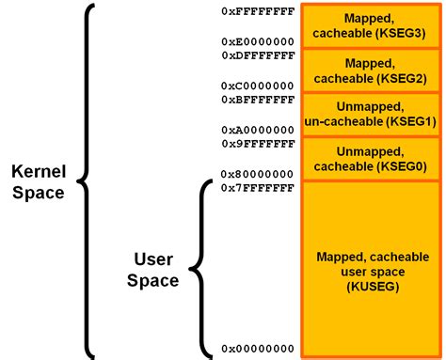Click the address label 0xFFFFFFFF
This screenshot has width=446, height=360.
pos(258,11)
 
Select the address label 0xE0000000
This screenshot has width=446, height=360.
pos(258,42)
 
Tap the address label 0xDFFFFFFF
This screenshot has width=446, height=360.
pos(258,55)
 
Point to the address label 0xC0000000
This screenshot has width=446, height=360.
pos(258,86)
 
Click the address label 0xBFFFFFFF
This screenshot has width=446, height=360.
pos(258,99)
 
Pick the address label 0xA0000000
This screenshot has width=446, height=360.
pos(258,131)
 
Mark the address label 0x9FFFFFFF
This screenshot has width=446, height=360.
pos(258,144)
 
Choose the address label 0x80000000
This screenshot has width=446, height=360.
pos(258,174)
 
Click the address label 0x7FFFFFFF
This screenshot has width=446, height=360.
pos(258,188)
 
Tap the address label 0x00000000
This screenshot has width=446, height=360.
pos(258,349)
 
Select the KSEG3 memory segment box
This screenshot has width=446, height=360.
pos(371,25)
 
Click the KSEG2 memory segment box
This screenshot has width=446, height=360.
pos(371,70)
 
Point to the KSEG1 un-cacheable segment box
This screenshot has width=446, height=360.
pos(371,114)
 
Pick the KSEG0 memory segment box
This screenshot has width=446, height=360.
pos(371,159)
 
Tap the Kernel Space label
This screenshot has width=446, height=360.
pos(38,181)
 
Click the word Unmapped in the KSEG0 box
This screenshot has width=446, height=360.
pos(371,150)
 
